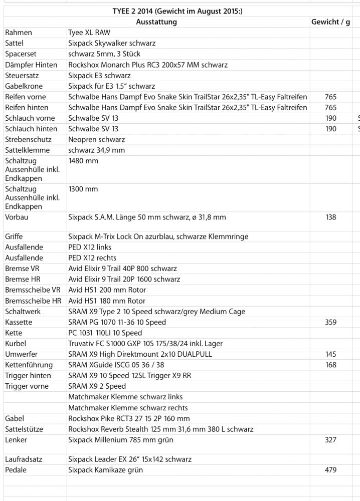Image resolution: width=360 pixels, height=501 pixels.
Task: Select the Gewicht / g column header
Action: pyautogui.click(x=330, y=22)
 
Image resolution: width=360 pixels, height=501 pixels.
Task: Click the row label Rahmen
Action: pyautogui.click(x=19, y=33)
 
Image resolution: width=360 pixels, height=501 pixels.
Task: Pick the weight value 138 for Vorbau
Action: pyautogui.click(x=330, y=217)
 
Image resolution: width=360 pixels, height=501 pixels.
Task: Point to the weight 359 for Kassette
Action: pyautogui.click(x=330, y=322)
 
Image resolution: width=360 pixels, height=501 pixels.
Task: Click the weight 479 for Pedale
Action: pyautogui.click(x=330, y=470)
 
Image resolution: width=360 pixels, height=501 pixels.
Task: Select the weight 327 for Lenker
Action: pyautogui.click(x=330, y=440)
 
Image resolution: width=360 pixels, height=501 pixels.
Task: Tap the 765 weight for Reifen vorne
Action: pyautogui.click(x=330, y=97)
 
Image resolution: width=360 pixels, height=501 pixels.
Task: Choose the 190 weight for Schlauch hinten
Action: pyautogui.click(x=330, y=129)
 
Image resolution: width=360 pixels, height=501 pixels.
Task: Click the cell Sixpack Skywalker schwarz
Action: pyautogui.click(x=112, y=44)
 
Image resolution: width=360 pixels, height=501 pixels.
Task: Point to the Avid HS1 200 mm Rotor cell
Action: pyautogui.click(x=107, y=290)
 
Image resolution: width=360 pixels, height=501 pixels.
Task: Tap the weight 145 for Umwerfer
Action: pyautogui.click(x=330, y=354)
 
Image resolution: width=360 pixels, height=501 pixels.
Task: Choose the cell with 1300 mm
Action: pyautogui.click(x=83, y=189)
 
